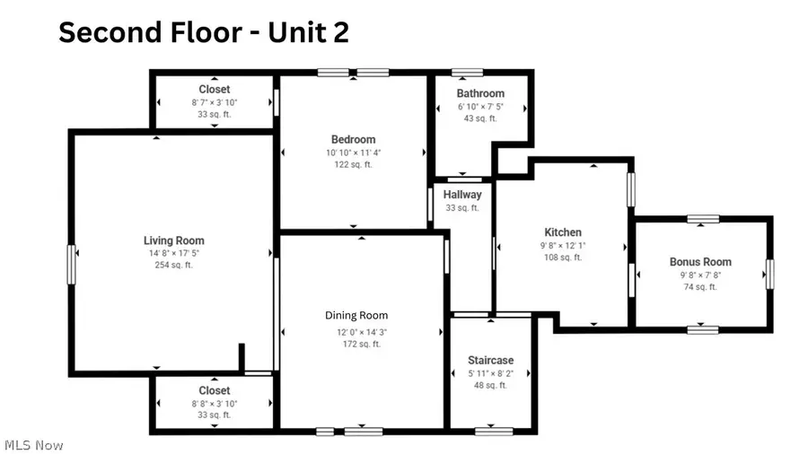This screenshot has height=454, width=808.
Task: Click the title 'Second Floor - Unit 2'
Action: pos(204,32)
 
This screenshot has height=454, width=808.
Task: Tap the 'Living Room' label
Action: pos(173,240)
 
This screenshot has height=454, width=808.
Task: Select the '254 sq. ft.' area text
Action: pos(173,265)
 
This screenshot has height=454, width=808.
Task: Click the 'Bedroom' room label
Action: pos(353,139)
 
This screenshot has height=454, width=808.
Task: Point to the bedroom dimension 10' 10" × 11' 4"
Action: pos(353,153)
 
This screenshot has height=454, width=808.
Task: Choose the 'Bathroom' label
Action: pos(480,93)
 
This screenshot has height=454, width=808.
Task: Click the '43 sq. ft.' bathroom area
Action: pos(480,118)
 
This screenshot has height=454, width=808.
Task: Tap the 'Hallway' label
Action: pos(462,195)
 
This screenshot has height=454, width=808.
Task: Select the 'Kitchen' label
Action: pos(563,232)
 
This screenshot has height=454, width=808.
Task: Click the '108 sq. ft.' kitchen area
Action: pos(563,257)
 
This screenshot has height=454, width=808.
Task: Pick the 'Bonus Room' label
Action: pos(700,262)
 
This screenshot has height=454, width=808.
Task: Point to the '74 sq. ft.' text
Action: pos(700,287)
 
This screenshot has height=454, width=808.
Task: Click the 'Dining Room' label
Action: pos(356,316)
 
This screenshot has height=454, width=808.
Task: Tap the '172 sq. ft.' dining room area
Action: pos(356,344)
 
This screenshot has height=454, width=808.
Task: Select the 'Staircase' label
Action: pos(490,361)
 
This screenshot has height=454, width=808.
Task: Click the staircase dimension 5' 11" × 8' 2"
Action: pos(490,373)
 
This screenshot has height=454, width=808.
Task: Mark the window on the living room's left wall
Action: pos(71,265)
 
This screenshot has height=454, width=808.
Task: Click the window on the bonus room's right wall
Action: pos(769,274)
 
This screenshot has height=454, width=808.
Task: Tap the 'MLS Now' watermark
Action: pos(33,445)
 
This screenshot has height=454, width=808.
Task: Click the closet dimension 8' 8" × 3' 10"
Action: pos(214,404)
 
